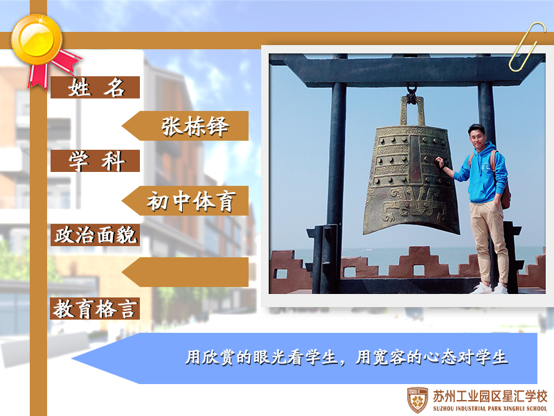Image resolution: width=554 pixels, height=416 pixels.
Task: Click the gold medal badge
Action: pyautogui.click(x=37, y=40)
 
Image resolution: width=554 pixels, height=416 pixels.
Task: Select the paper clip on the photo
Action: pyautogui.click(x=527, y=46)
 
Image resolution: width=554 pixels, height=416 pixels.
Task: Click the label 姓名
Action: pyautogui.click(x=96, y=87)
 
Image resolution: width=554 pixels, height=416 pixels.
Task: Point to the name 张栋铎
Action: pyautogui.click(x=195, y=126)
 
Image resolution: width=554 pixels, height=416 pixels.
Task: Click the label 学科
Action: pyautogui.click(x=96, y=161)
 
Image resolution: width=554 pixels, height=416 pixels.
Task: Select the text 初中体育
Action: pyautogui.click(x=191, y=201)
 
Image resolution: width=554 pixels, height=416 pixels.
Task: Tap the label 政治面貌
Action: pyautogui.click(x=96, y=235)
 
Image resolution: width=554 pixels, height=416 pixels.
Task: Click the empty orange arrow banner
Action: pyautogui.click(x=185, y=272)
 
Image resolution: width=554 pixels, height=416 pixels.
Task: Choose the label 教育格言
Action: pyautogui.click(x=95, y=309)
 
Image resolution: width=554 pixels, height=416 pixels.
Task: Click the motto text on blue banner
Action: pyautogui.click(x=347, y=357)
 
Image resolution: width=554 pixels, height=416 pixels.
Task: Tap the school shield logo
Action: pyautogui.click(x=418, y=400)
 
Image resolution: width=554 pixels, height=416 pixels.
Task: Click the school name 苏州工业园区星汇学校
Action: pyautogui.click(x=490, y=396)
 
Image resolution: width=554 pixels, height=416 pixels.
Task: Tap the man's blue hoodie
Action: pyautogui.click(x=482, y=173)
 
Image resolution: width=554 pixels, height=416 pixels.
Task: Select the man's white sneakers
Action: pyautogui.click(x=490, y=288)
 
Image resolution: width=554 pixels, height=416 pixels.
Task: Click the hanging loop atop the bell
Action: pyautogui.click(x=411, y=110)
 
